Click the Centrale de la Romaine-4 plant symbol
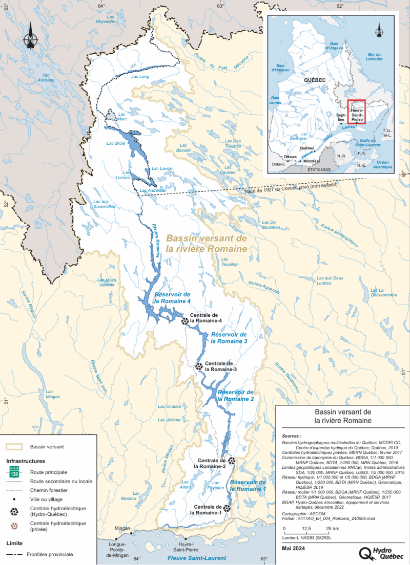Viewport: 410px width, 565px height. [x=184, y=321]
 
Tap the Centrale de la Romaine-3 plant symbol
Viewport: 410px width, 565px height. [x=199, y=366]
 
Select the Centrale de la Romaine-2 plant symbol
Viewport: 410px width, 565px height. [x=232, y=461]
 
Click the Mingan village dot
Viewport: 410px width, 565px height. [x=132, y=533]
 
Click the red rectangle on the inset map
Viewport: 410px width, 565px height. [x=356, y=112]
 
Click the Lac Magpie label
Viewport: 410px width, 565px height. [x=52, y=394]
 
